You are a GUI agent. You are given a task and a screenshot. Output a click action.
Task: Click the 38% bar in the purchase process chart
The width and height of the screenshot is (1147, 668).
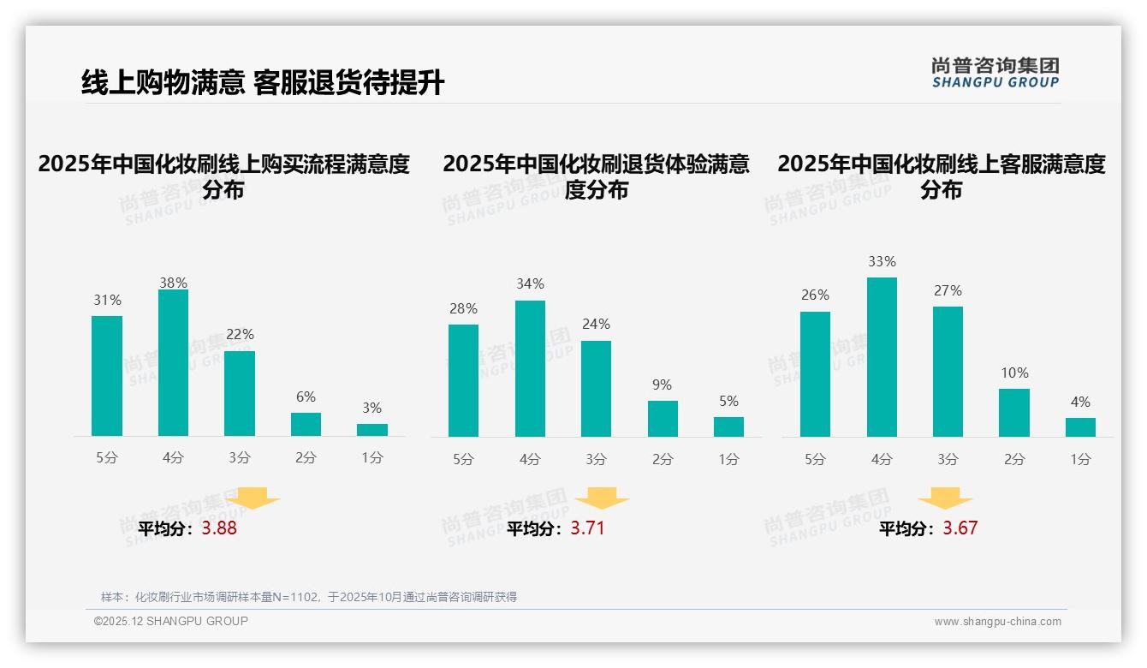tap(173, 363)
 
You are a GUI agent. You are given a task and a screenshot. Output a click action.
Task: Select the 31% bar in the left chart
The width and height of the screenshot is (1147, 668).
tap(107, 376)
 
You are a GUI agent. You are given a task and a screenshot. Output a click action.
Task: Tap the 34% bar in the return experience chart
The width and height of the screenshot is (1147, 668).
tap(530, 368)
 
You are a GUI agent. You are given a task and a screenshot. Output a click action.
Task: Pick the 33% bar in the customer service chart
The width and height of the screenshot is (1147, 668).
tap(882, 357)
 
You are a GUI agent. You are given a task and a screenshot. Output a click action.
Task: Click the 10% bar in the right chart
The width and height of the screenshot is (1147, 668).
tap(1014, 413)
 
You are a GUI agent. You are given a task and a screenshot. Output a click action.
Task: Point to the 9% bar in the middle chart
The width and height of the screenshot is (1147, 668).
tap(663, 419)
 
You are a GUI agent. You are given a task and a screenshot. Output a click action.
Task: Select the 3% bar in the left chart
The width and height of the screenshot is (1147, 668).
tap(372, 430)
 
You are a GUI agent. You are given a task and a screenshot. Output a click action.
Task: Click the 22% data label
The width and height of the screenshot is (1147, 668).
tap(240, 334)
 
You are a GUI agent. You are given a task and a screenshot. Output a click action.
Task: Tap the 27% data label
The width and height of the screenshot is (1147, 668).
tap(948, 290)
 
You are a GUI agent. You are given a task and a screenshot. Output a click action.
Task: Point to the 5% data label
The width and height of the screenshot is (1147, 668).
tap(728, 401)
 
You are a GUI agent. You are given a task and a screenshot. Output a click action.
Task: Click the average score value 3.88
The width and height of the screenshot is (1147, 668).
tap(219, 528)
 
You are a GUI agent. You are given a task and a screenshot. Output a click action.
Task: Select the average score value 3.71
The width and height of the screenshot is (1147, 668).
tap(587, 528)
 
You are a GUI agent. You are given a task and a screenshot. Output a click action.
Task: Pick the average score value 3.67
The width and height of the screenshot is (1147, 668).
tap(960, 528)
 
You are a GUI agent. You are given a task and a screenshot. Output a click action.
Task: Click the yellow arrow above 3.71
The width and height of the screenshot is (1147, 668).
tap(602, 498)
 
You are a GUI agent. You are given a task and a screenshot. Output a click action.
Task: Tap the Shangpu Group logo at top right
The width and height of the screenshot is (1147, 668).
tap(995, 73)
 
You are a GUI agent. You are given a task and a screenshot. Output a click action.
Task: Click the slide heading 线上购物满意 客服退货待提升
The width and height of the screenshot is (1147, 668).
tap(263, 83)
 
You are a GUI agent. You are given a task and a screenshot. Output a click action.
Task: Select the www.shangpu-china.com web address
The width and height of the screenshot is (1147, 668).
tap(997, 622)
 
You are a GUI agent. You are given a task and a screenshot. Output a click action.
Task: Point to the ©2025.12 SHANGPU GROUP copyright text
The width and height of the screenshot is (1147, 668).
tap(171, 621)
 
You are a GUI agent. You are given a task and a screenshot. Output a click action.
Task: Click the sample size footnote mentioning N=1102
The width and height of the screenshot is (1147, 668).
tap(309, 597)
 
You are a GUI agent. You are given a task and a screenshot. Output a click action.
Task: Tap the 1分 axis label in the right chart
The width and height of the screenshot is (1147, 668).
tap(1080, 460)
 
